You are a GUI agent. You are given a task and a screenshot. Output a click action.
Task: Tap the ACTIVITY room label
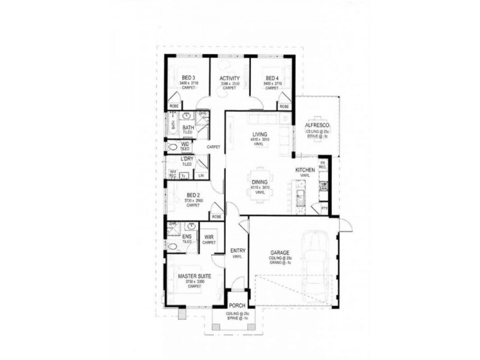(x=230, y=79)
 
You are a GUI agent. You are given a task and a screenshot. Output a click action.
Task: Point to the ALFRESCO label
(x=318, y=125)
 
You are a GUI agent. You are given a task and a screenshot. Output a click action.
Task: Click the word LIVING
(x=259, y=134)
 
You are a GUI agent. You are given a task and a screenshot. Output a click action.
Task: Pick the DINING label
(x=259, y=182)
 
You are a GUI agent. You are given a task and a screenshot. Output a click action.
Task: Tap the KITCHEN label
(x=305, y=170)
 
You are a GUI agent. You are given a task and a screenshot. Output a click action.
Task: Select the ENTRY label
(x=238, y=251)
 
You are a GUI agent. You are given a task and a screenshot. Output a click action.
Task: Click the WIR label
(x=209, y=237)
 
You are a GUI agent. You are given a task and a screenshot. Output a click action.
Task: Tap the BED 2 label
(x=193, y=195)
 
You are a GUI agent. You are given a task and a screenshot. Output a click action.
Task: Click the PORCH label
(x=238, y=305)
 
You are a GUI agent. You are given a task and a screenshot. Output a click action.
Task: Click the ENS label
(x=187, y=237)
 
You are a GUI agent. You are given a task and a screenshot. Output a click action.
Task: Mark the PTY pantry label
(x=324, y=208)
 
